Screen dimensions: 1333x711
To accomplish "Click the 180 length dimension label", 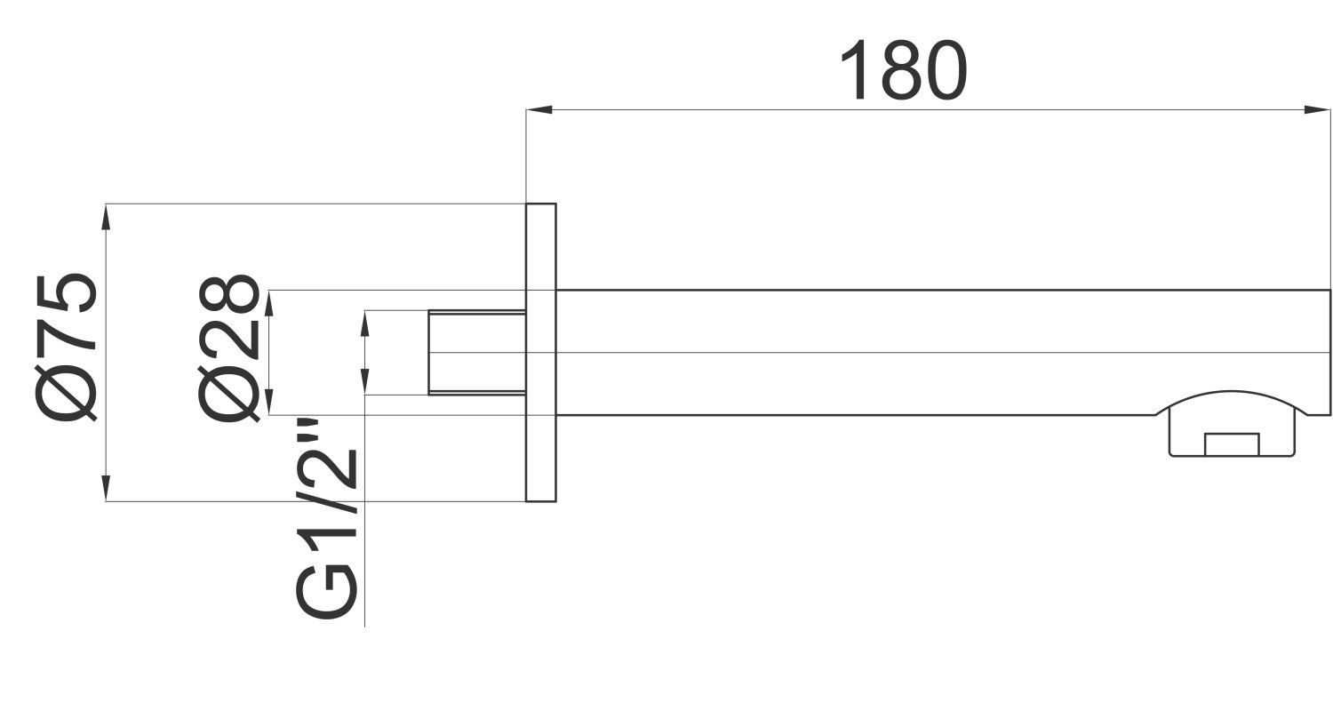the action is (x=904, y=71).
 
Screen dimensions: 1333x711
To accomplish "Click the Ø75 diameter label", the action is (x=67, y=348).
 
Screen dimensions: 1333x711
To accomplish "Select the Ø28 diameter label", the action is (x=229, y=348).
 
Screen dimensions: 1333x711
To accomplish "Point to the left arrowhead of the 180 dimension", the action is (x=539, y=109).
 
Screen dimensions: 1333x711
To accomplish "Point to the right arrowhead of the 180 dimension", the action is (x=1316, y=109).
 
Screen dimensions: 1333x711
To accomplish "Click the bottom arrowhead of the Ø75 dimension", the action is (x=106, y=488).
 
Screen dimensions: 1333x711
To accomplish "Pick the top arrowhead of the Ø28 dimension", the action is (x=269, y=303).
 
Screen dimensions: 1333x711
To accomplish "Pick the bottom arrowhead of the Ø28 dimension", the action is (x=269, y=402).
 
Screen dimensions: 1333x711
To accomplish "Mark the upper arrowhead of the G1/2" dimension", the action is (x=364, y=324).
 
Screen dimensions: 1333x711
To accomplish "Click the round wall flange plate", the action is (x=541, y=353).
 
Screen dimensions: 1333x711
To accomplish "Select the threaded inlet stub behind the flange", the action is (x=476, y=352).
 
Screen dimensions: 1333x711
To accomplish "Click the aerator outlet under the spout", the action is (x=1232, y=436).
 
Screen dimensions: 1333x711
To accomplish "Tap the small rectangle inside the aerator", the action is (x=1232, y=444).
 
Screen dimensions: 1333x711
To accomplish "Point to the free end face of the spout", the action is (x=1330, y=352).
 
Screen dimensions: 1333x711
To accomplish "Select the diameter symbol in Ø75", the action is (x=67, y=394).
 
